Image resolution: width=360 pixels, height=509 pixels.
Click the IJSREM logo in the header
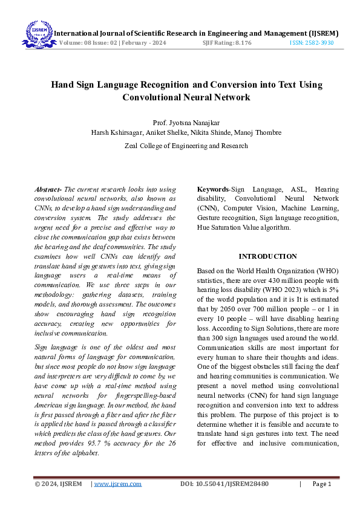click(38, 34)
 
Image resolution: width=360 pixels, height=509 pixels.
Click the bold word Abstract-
click(48, 190)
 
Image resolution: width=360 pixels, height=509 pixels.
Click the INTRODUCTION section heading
click(267, 256)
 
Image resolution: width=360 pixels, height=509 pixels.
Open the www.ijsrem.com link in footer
click(117, 484)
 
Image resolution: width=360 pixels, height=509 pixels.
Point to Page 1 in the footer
click(321, 484)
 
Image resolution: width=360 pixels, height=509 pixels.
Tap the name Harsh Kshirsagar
click(117, 132)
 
